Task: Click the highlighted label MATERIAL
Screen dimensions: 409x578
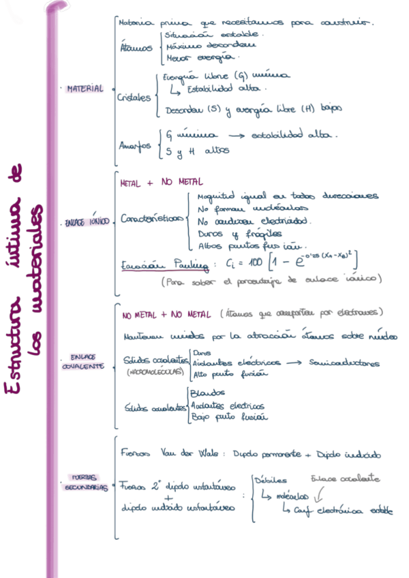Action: [x=85, y=89]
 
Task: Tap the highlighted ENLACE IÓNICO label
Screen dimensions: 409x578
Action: [x=86, y=222]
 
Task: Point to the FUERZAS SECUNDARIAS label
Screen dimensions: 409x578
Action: [x=85, y=483]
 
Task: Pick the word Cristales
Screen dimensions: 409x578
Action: [x=134, y=97]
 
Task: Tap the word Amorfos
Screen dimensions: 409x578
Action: [x=135, y=144]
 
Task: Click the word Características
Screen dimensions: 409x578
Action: [x=151, y=219]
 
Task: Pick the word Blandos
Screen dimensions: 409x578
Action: [x=207, y=394]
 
